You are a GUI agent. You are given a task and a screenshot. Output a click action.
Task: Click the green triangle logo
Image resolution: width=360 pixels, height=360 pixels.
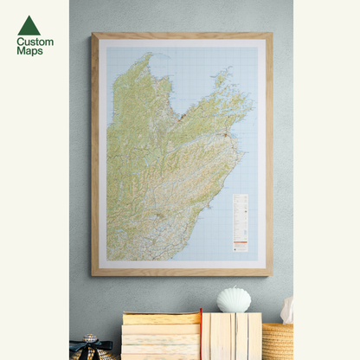[29, 25]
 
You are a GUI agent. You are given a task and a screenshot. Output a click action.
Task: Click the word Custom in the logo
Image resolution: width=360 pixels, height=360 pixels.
[35, 42]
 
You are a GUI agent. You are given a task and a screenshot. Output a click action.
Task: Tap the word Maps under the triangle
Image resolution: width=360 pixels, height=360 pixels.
[29, 51]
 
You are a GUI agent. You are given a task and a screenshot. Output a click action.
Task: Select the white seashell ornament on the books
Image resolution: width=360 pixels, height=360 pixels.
[234, 299]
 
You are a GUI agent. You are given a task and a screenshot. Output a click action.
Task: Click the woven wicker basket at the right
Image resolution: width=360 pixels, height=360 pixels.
[278, 341]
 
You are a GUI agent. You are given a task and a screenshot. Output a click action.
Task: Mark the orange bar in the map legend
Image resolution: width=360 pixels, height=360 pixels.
[240, 239]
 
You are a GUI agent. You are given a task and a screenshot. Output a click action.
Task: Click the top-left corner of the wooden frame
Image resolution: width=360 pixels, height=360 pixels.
[93, 35]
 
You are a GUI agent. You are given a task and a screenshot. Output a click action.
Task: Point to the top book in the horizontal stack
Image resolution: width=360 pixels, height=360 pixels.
[161, 318]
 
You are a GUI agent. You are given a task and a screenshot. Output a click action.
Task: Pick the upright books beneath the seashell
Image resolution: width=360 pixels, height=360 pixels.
[232, 336]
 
